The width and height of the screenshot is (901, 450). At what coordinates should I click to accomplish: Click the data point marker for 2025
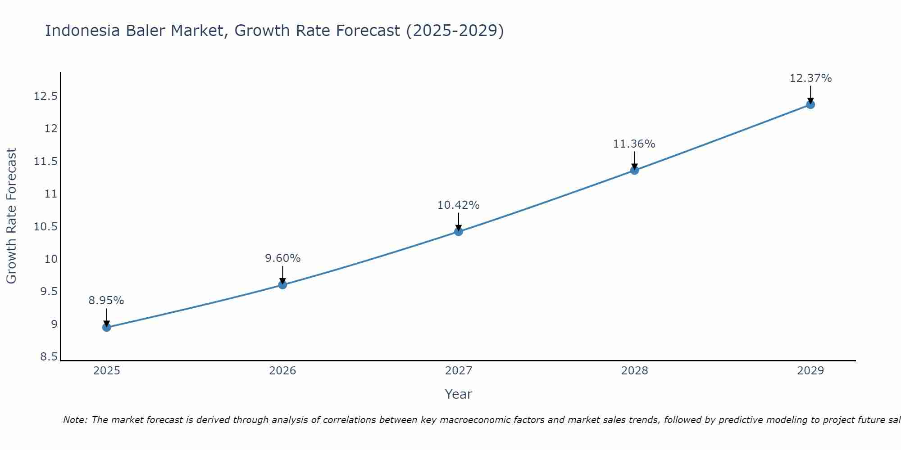(x=107, y=327)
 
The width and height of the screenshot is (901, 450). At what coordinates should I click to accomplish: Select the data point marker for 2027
(x=459, y=231)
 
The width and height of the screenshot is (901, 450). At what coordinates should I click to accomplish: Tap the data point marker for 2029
(x=810, y=104)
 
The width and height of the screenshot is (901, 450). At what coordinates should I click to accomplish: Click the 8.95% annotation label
(x=106, y=301)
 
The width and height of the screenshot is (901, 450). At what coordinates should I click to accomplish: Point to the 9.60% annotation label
(x=282, y=258)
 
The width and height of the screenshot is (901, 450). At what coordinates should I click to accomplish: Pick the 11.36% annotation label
(x=634, y=144)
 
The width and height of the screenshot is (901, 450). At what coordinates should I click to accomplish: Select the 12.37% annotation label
(x=810, y=78)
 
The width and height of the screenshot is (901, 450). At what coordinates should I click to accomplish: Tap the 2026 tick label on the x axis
(x=282, y=371)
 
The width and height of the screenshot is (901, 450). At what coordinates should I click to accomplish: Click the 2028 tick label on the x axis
(x=634, y=371)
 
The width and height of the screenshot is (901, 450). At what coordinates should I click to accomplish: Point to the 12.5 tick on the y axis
(x=46, y=96)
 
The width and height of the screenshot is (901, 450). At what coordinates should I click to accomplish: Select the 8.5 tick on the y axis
(x=49, y=357)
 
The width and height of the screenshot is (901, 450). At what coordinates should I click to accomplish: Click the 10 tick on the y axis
(x=51, y=259)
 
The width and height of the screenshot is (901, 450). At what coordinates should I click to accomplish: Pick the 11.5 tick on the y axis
(x=46, y=162)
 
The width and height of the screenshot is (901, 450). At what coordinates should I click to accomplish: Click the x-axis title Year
(x=458, y=394)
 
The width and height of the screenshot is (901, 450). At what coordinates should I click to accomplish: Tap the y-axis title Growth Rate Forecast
(x=11, y=216)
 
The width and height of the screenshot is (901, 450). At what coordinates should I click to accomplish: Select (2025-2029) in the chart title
(x=455, y=31)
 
